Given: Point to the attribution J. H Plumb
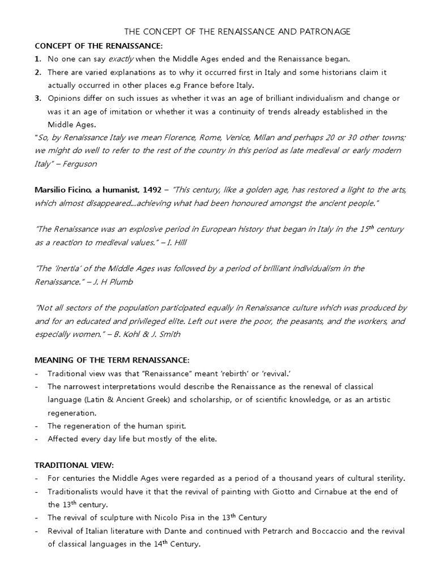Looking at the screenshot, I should (114, 282).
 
